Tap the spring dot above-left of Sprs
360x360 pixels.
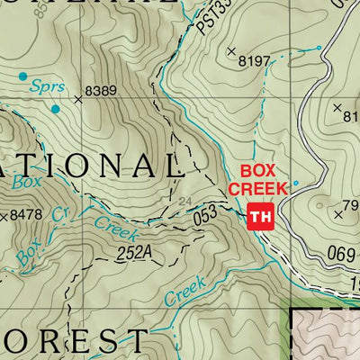point(22,76)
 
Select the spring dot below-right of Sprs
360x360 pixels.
point(55,109)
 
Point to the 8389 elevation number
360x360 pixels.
point(101,91)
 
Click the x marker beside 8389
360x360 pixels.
point(78,100)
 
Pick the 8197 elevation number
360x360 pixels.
point(255,61)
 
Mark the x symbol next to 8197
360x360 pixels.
point(231,50)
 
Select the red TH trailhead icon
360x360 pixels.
point(259,216)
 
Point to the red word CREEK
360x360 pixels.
point(257,188)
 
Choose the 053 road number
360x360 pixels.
point(207,217)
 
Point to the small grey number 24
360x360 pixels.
point(185,201)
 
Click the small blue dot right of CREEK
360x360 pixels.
point(296,184)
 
